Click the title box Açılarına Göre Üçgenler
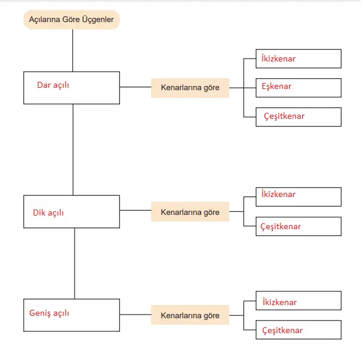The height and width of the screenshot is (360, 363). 72,20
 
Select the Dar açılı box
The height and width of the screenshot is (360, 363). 72,87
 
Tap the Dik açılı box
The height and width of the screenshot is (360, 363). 72,211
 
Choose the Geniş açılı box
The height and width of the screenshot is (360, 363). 72,315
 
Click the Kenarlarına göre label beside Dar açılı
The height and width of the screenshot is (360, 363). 190,88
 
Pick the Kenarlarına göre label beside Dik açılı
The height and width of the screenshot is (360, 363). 190,212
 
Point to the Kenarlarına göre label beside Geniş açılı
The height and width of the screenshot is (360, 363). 190,315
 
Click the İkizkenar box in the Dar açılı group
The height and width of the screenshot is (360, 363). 299,59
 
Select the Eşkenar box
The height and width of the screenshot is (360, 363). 299,87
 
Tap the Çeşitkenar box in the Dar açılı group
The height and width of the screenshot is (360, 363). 299,116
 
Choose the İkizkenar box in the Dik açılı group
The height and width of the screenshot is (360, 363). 299,197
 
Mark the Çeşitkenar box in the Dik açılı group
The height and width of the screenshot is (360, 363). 299,226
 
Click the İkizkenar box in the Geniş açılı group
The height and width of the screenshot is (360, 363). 299,301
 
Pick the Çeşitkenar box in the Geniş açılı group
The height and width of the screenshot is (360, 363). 299,330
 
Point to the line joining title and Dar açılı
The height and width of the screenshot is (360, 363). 72,50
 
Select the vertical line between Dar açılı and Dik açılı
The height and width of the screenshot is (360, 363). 73,149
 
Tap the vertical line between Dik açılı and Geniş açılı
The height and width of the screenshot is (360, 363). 75,263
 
